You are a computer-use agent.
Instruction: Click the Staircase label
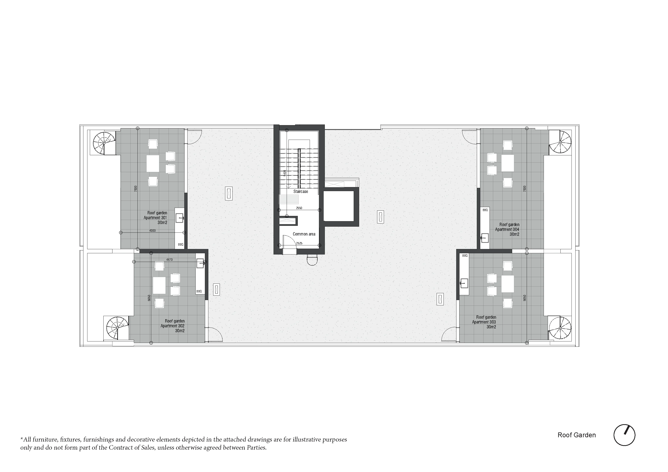coord(301,191)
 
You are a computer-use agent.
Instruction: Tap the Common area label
coord(304,234)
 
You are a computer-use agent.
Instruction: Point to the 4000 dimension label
coord(152,231)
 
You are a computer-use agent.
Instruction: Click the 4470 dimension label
coord(169,260)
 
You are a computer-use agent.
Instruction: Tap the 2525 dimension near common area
coord(299,243)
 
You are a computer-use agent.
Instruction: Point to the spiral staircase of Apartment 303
coord(559,328)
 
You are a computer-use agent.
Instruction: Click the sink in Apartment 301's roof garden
coord(180,218)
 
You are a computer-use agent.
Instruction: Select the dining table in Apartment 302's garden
coord(159,285)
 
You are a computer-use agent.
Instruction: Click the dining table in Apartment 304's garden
coord(508,163)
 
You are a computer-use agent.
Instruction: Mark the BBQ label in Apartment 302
coord(199,291)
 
